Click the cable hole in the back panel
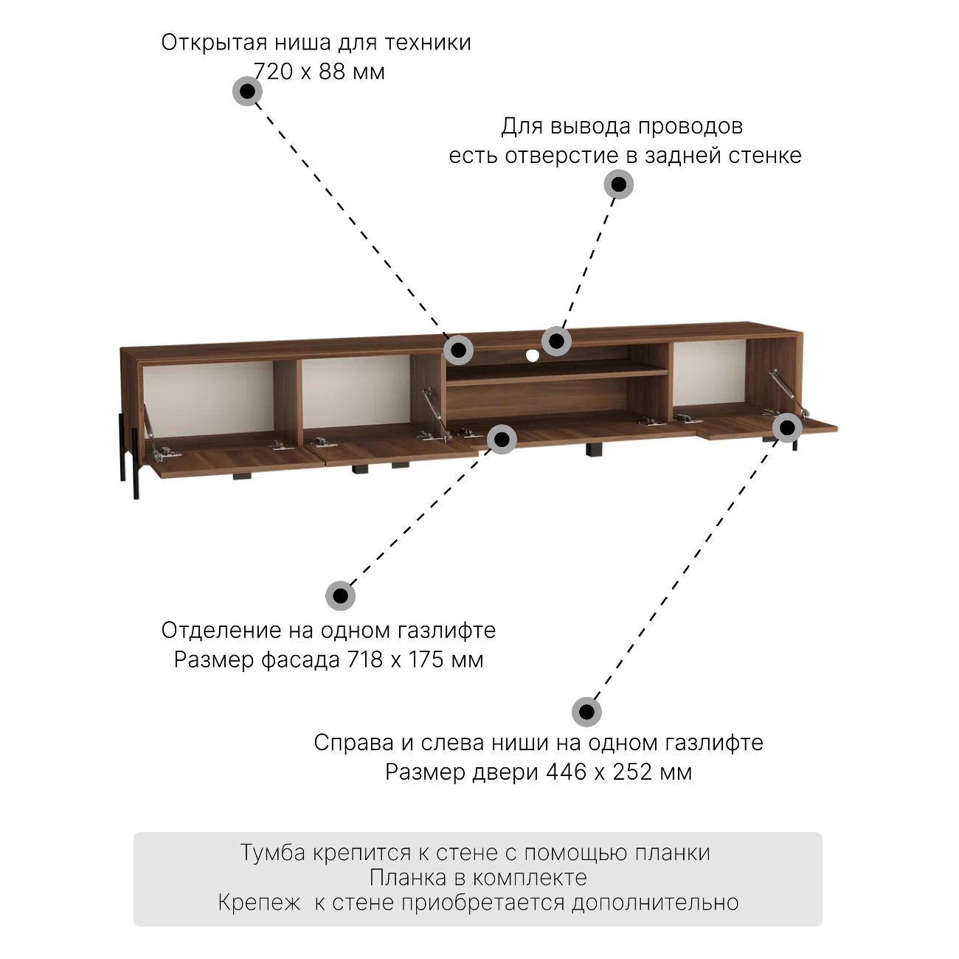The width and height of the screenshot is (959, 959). [x=533, y=355]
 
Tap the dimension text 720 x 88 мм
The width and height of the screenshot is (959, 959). [x=319, y=72]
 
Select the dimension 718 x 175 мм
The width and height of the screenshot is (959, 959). [x=415, y=659]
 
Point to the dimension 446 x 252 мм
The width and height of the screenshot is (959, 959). [x=619, y=772]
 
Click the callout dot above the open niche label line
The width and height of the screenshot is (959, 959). [x=247, y=91]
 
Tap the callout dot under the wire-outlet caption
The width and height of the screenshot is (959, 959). [x=618, y=184]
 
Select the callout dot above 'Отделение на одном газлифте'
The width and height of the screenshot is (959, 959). [x=340, y=595]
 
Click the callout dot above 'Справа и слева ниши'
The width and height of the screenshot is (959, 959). [x=586, y=712]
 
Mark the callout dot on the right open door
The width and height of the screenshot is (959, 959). [x=787, y=427]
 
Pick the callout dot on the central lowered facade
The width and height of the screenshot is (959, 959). [x=502, y=439]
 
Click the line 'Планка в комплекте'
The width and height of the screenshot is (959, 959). [x=478, y=878]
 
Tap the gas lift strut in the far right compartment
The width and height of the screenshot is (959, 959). [x=789, y=392]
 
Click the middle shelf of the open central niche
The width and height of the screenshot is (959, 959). [x=557, y=373]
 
